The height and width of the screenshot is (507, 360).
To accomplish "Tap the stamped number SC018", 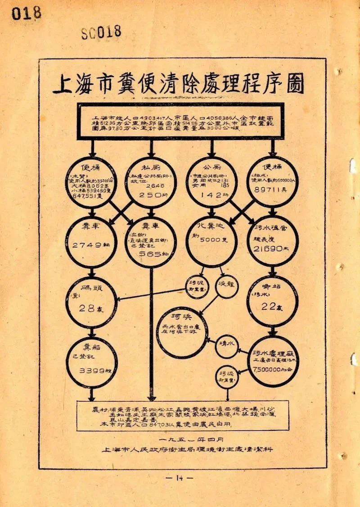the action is tap(101, 32).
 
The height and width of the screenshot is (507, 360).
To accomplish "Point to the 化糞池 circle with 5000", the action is tap(211, 241).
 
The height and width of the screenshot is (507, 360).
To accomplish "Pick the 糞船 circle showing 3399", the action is tap(91, 362).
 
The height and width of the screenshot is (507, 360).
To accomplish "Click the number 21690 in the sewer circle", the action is tap(267, 249).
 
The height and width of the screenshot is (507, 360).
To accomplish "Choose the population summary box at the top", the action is tap(180, 120).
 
